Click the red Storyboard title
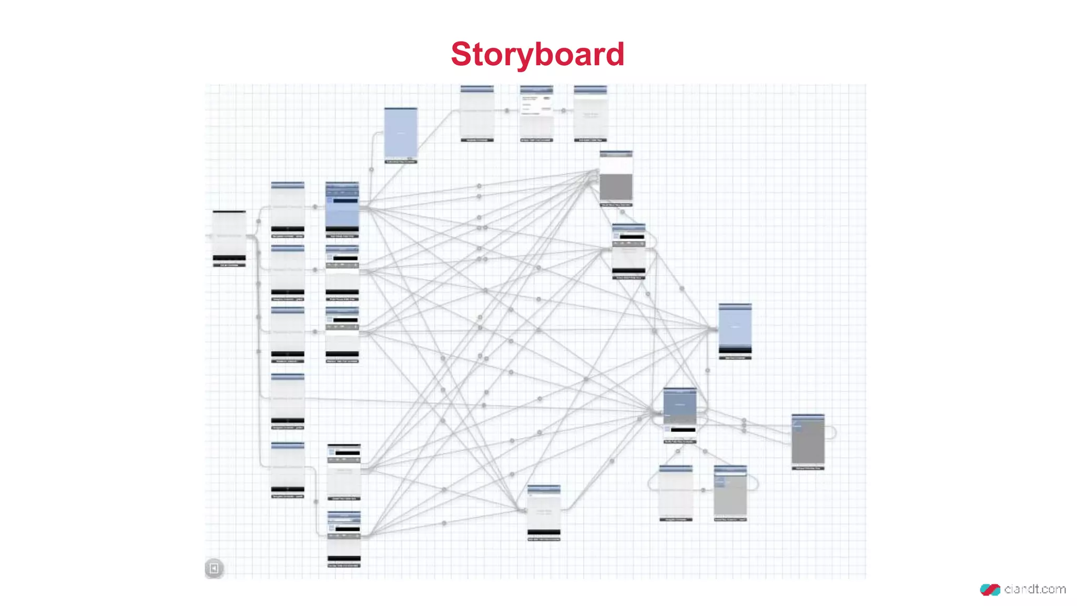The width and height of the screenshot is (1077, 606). [537, 54]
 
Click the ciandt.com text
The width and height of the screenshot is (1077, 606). [1034, 589]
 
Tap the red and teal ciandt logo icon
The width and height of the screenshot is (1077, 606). [990, 590]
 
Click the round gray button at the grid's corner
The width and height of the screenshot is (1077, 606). [214, 568]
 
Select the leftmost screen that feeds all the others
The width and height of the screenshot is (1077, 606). [229, 237]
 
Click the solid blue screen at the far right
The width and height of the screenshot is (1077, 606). [735, 329]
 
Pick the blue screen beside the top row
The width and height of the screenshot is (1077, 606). [401, 133]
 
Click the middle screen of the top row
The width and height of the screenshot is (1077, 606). [536, 113]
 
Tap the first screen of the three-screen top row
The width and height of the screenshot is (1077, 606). [477, 113]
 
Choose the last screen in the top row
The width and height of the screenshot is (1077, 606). [590, 113]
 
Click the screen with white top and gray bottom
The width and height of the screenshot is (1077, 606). [616, 178]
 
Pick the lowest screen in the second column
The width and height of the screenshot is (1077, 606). [344, 538]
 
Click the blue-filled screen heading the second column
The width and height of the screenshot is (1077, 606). [342, 208]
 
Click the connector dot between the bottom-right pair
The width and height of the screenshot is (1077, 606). [703, 490]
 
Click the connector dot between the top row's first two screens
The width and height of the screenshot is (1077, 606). [507, 110]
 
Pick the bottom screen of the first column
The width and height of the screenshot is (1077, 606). [288, 468]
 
